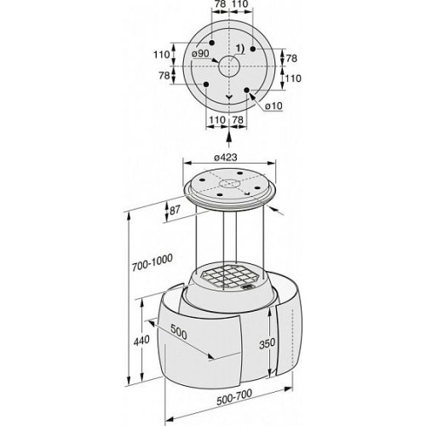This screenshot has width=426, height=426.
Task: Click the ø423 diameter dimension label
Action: (226, 157)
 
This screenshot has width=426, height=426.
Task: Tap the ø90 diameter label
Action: (200, 54)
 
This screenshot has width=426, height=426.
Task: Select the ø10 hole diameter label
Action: (273, 106)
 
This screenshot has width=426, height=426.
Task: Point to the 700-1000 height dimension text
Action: (153, 262)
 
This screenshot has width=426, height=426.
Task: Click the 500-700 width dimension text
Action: (234, 397)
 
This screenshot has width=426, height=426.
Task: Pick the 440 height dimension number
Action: (141, 340)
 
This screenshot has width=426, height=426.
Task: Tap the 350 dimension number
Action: (267, 343)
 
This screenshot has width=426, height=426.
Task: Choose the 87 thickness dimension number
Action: (175, 210)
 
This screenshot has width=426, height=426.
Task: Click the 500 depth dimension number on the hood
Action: (179, 331)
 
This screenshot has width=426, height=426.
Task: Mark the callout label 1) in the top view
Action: (240, 49)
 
